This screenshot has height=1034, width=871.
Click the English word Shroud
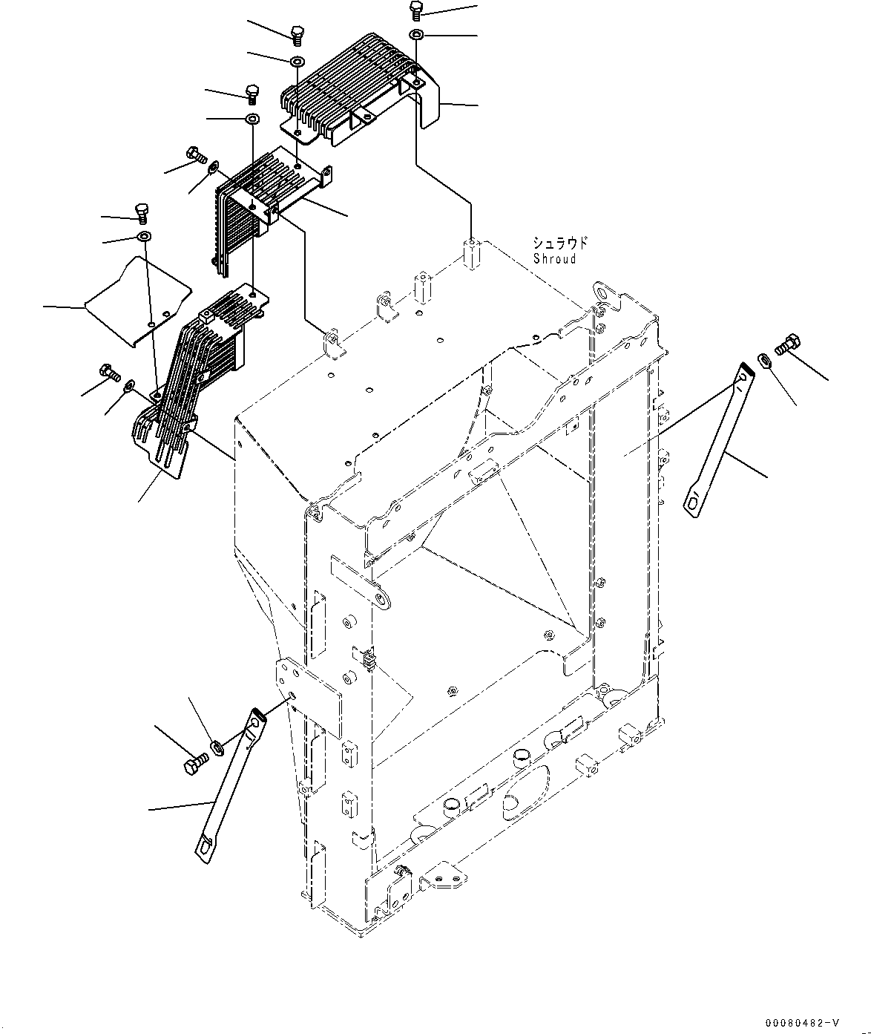[554, 259]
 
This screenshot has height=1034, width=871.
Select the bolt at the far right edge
[786, 345]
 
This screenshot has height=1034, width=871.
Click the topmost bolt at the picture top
[416, 10]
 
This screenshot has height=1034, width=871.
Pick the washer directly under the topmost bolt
[416, 34]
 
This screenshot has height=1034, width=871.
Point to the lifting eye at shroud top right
[606, 293]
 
